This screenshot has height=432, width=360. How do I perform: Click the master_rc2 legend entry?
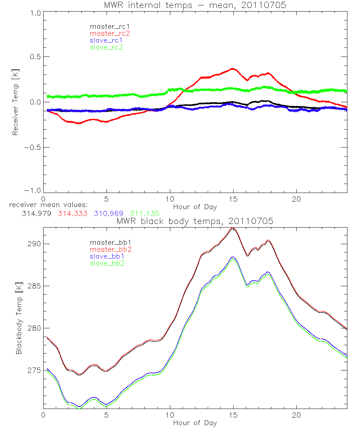pyautogui.click(x=109, y=33)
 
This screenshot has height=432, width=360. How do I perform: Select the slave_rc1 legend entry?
pyautogui.click(x=107, y=40)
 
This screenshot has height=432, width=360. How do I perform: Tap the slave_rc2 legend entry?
pyautogui.click(x=106, y=47)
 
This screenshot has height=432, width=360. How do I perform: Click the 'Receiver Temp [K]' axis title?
pyautogui.click(x=15, y=102)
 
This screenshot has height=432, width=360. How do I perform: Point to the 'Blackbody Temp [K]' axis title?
pyautogui.click(x=19, y=318)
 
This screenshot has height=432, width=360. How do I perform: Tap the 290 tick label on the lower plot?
pyautogui.click(x=33, y=244)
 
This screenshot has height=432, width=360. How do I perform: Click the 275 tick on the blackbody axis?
pyautogui.click(x=33, y=370)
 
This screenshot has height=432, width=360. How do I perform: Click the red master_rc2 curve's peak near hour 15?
pyautogui.click(x=233, y=69)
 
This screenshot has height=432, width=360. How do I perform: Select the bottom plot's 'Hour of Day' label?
pyautogui.click(x=195, y=423)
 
